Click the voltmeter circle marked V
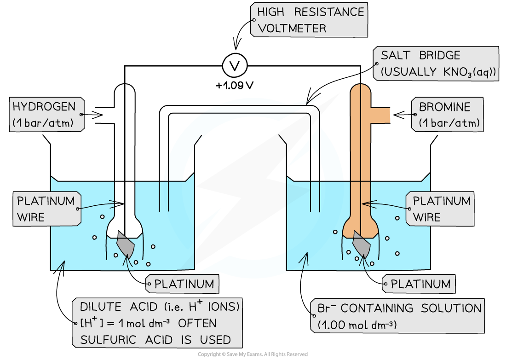coord(235,66)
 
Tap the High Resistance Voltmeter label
coord(309,20)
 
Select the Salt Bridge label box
coord(436,64)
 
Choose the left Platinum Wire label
coord(46,209)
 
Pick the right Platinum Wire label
coord(441,209)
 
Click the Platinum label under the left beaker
coord(183,284)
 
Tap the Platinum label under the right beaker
coord(419,284)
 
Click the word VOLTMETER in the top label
coord(292,28)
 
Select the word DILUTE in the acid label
coord(100,307)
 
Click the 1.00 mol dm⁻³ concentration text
coord(356,325)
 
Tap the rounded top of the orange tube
coord(360,88)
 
